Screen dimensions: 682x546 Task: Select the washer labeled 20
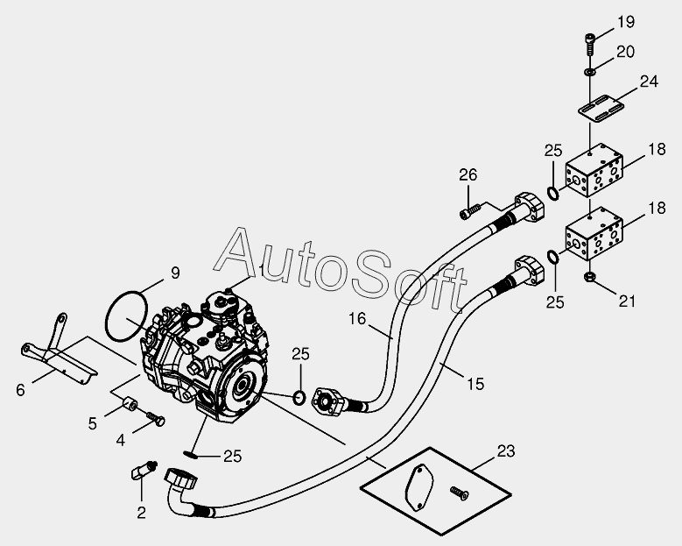(x=590, y=69)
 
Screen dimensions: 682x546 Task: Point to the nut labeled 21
(x=590, y=279)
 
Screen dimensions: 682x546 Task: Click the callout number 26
(x=468, y=175)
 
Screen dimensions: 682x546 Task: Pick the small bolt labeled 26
(x=468, y=211)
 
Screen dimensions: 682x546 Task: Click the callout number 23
(x=505, y=451)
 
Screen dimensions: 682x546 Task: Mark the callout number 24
(x=649, y=82)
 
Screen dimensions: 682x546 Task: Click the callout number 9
(x=176, y=273)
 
